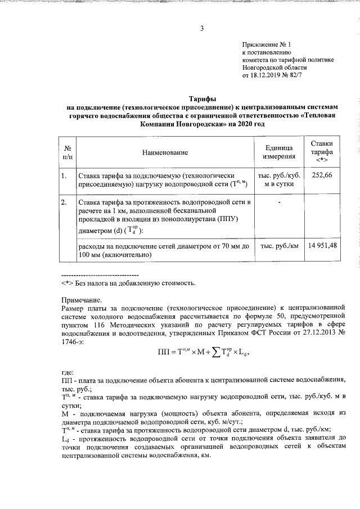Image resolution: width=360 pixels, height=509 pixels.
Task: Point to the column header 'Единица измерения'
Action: click(279, 152)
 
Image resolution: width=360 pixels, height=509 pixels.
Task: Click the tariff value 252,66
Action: click(322, 175)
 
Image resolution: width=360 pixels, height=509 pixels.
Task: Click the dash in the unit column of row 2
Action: click(279, 201)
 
